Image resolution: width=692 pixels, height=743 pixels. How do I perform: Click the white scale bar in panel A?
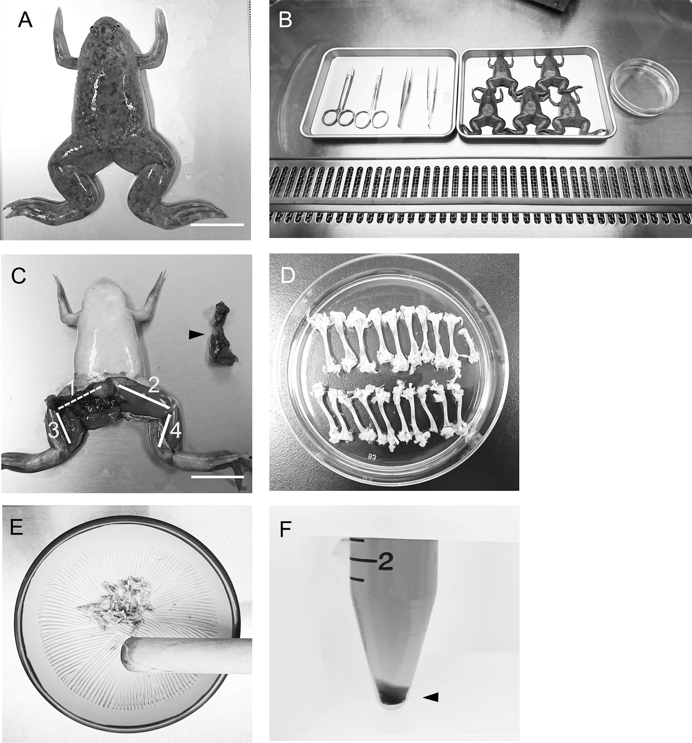217,225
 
